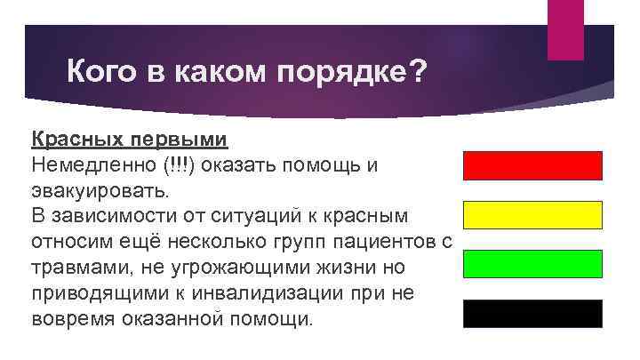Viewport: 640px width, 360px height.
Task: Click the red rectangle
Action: click(532, 166)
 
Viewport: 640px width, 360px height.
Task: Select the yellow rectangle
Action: click(532, 215)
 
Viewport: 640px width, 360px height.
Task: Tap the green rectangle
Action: click(532, 264)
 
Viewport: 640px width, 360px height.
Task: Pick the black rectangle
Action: click(532, 314)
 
